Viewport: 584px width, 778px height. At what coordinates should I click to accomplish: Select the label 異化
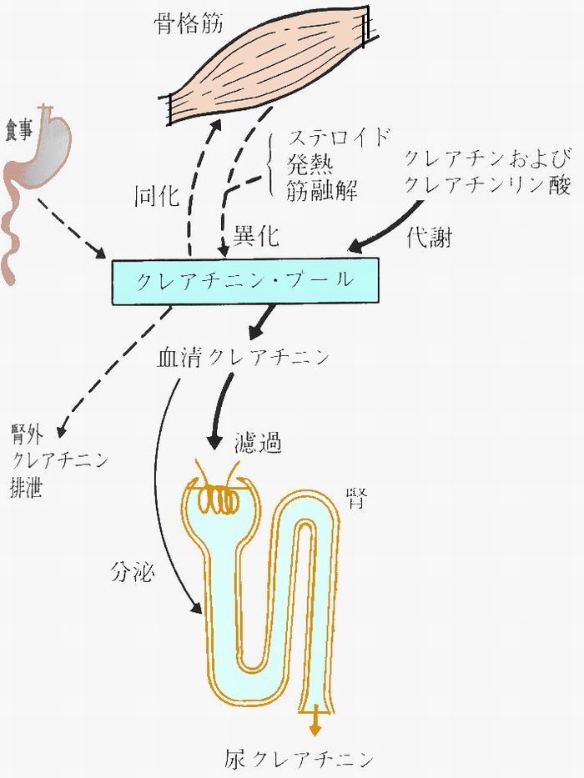pos(256,235)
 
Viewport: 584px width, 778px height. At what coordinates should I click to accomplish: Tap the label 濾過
pos(259,443)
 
